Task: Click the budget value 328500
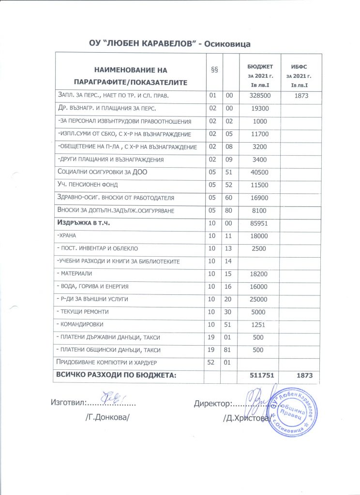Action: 260,96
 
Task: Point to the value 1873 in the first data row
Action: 298,96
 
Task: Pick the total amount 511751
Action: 260,375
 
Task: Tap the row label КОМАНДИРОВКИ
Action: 80,324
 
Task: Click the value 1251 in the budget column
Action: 260,324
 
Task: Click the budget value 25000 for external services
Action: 260,299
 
